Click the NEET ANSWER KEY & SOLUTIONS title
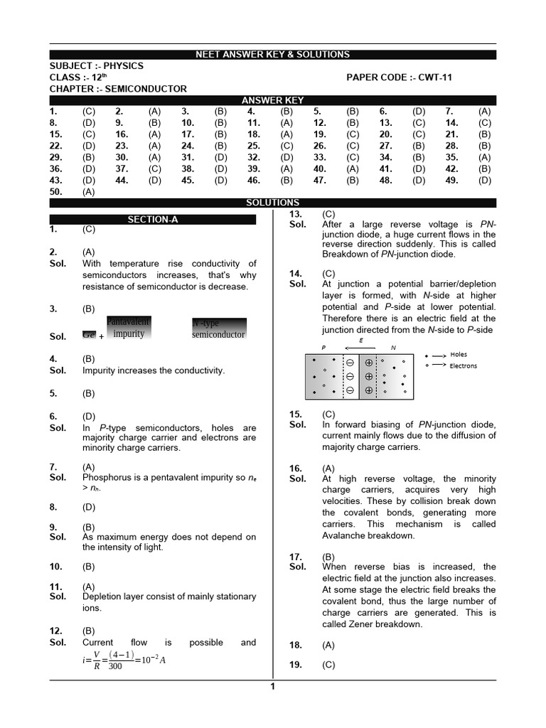[x=272, y=55]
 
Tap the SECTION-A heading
[x=152, y=220]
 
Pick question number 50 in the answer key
[x=56, y=192]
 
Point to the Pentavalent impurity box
[x=128, y=328]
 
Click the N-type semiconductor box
[x=218, y=329]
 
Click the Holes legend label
[x=459, y=355]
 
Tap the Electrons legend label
[x=464, y=366]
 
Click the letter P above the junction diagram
[x=323, y=348]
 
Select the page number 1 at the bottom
[x=272, y=686]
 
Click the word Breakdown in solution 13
[x=345, y=255]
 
